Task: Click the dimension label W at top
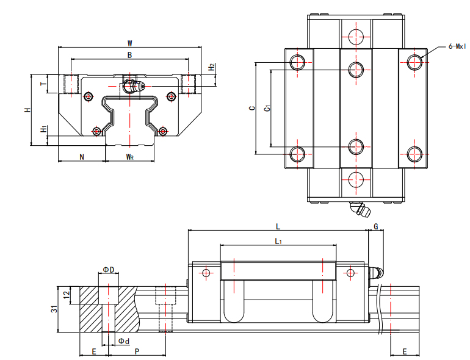(129, 43)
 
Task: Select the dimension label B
(129, 55)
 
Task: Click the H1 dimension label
(42, 129)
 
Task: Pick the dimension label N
(82, 157)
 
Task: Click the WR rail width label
(129, 157)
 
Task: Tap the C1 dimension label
(266, 108)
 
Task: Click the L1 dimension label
(278, 242)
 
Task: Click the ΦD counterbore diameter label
(108, 269)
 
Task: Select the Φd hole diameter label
(123, 340)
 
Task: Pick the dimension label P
(137, 351)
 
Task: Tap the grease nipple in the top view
(360, 211)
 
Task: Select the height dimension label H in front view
(27, 110)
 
